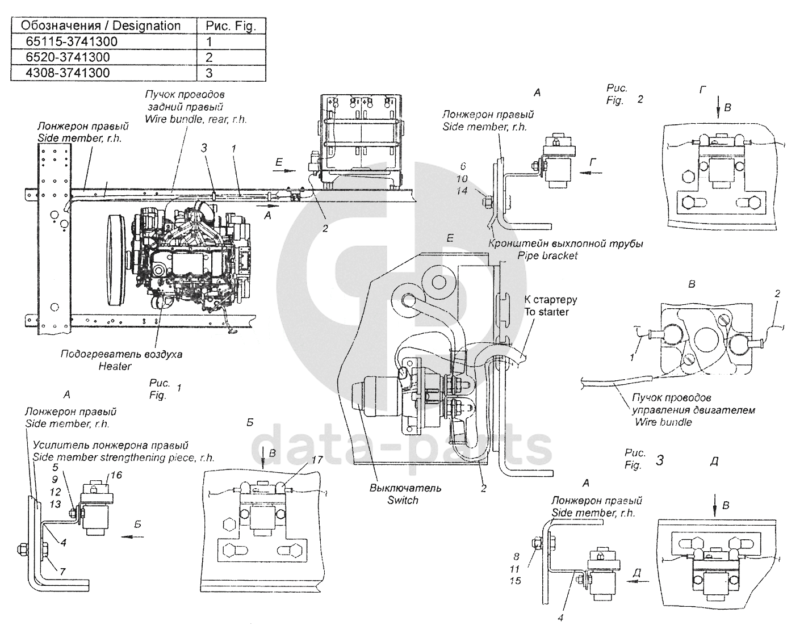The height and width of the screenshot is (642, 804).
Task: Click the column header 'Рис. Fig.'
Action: click(x=231, y=26)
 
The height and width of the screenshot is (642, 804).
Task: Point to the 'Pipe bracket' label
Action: click(x=547, y=256)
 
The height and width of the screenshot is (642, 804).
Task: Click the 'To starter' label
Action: click(x=547, y=312)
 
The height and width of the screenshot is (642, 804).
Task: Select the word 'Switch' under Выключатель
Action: click(x=403, y=500)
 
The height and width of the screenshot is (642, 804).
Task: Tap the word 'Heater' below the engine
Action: click(x=115, y=366)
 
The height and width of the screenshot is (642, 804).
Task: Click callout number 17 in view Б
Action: click(x=317, y=460)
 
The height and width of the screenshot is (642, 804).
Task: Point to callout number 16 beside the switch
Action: click(x=116, y=475)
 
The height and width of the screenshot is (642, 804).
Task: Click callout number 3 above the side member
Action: click(x=204, y=148)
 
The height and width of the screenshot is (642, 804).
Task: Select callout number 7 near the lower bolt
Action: click(x=63, y=572)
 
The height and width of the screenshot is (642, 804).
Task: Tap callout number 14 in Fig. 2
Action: click(x=462, y=191)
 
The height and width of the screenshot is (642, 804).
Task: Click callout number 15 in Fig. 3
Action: click(x=515, y=581)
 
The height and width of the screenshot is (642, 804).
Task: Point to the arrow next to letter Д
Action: click(x=638, y=581)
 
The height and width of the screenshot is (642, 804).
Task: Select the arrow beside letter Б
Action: click(x=133, y=537)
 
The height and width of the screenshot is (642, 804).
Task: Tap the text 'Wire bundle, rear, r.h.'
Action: click(x=196, y=119)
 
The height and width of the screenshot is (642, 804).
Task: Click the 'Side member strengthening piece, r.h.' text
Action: click(x=124, y=457)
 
